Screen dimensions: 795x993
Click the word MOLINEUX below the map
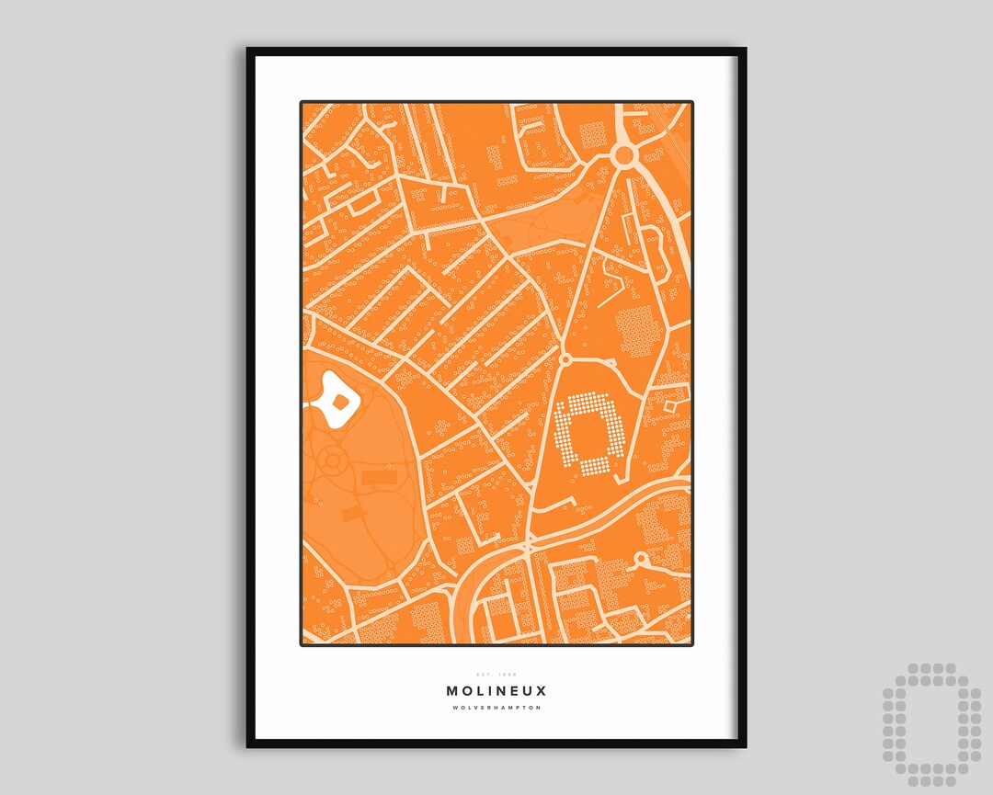496,690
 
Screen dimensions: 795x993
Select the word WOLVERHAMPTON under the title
496,708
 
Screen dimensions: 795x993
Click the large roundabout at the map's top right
625,155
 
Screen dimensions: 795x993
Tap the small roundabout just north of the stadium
566,358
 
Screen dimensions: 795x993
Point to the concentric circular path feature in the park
332,459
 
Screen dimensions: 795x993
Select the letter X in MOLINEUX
542,690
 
